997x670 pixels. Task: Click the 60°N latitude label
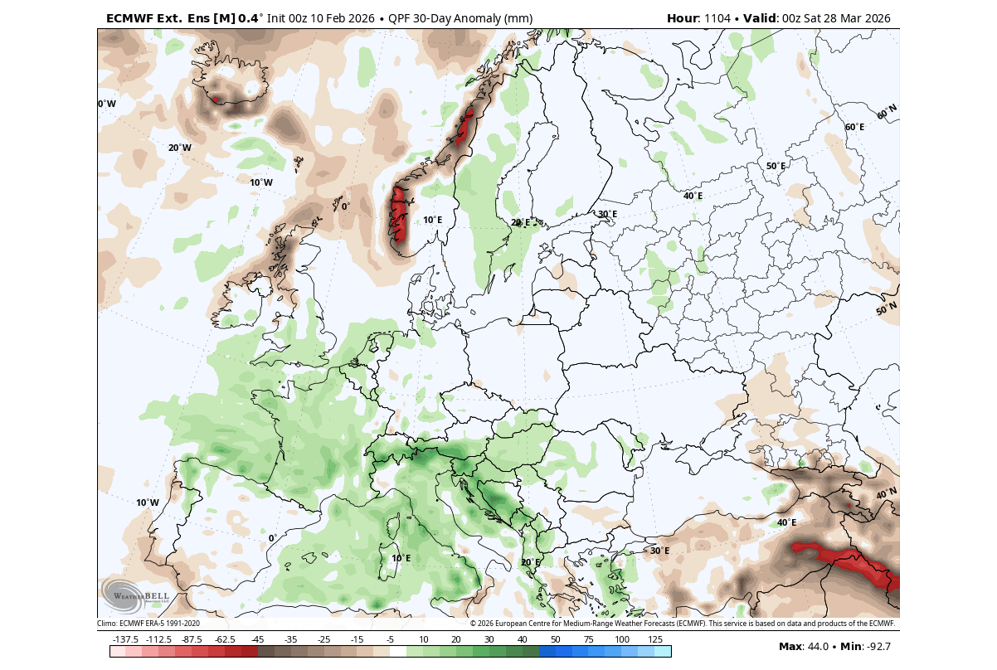[x=887, y=111]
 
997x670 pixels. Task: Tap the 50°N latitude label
[x=887, y=309]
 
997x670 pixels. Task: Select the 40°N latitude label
[x=887, y=494]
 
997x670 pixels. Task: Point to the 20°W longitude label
[x=180, y=148]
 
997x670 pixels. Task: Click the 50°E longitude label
[x=776, y=166]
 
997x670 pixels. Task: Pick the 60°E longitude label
[x=854, y=127]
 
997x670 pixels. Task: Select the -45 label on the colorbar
[x=257, y=639]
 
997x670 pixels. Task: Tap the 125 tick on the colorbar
[x=654, y=639]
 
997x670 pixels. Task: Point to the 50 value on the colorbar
[x=555, y=639]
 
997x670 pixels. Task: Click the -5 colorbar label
[x=390, y=639]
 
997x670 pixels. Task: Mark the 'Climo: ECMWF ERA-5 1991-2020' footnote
[x=148, y=623]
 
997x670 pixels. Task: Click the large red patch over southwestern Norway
[x=400, y=214]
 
